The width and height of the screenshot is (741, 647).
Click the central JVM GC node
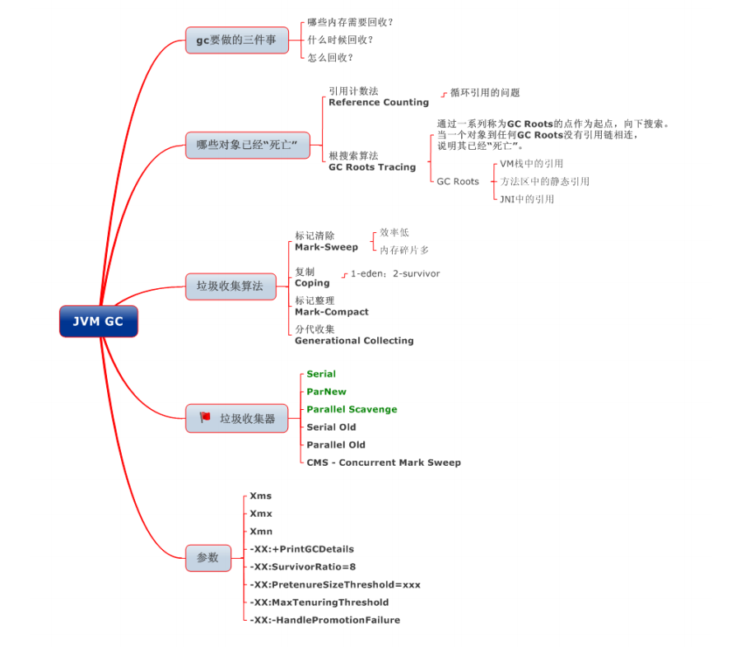[x=98, y=321]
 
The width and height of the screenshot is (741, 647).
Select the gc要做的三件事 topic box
[x=236, y=40]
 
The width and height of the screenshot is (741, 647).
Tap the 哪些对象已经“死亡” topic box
[x=247, y=146]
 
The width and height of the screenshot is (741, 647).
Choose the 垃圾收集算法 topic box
[x=230, y=286]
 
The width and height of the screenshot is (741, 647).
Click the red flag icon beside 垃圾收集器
[x=205, y=418]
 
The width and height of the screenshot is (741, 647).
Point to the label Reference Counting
[x=379, y=102]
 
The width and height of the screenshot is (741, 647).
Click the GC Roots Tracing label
[x=372, y=167]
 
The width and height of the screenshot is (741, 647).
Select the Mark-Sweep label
[x=327, y=247]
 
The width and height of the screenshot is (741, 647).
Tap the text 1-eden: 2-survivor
[x=395, y=273]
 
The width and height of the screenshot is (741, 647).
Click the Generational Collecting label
[x=354, y=340]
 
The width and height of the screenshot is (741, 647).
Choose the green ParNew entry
[x=326, y=392]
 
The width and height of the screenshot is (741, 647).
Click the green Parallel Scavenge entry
[x=352, y=409]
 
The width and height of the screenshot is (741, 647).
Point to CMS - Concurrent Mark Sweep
[x=384, y=463]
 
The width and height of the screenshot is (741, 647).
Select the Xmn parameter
[x=261, y=532]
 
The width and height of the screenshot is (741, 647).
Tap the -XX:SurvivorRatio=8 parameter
[x=303, y=567]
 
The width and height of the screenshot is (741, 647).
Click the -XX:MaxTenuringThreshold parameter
[x=319, y=603]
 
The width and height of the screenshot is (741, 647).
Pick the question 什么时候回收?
[x=341, y=40]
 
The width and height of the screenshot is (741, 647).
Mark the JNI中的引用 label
[x=527, y=199]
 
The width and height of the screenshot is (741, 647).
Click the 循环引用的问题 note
[x=485, y=93]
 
